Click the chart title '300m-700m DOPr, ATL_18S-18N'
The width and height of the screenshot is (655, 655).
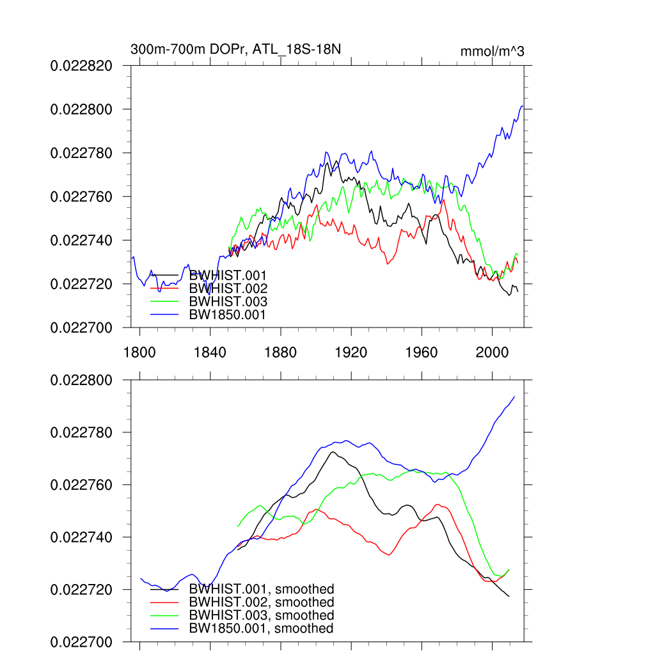pyautogui.click(x=240, y=49)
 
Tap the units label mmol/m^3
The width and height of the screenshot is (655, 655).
pyautogui.click(x=492, y=51)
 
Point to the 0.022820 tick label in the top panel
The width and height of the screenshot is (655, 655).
pyautogui.click(x=81, y=66)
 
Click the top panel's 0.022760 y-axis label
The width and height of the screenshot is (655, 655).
pyautogui.click(x=81, y=196)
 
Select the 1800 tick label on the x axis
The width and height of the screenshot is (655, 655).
pyautogui.click(x=139, y=352)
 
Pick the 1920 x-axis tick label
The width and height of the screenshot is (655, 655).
pyautogui.click(x=351, y=352)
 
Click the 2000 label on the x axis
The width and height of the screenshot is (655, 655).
pyautogui.click(x=492, y=352)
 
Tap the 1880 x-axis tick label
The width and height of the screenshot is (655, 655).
pyautogui.click(x=280, y=352)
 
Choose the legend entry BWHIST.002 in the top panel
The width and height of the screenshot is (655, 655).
pyautogui.click(x=228, y=288)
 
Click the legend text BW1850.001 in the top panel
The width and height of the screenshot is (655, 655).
pyautogui.click(x=228, y=315)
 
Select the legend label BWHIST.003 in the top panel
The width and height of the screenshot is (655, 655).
pyautogui.click(x=228, y=302)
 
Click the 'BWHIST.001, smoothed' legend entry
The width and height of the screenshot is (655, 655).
pyautogui.click(x=262, y=589)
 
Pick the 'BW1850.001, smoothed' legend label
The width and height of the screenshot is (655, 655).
pyautogui.click(x=262, y=629)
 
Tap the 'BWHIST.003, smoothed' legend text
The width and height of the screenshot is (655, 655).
pyautogui.click(x=262, y=615)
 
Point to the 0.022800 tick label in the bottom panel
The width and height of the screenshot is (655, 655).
pyautogui.click(x=81, y=381)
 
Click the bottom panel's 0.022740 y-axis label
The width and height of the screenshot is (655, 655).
pyautogui.click(x=81, y=537)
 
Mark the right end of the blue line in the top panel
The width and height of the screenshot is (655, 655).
pyautogui.click(x=523, y=106)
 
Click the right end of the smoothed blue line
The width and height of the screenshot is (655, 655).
pyautogui.click(x=514, y=397)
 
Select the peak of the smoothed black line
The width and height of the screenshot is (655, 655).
pyautogui.click(x=333, y=452)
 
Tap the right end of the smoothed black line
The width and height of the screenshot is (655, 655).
pyautogui.click(x=509, y=597)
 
